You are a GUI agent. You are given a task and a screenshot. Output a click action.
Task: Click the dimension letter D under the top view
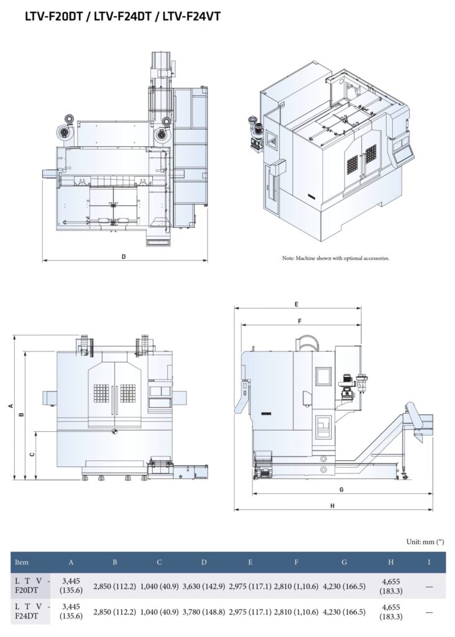click(124, 256)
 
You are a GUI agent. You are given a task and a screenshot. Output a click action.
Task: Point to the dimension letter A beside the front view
click(10, 406)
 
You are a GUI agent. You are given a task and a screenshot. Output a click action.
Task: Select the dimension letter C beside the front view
click(32, 455)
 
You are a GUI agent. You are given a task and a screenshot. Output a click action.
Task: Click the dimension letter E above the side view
click(297, 304)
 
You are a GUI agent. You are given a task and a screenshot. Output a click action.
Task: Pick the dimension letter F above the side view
click(300, 321)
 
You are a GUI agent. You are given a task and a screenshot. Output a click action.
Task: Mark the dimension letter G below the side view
click(341, 490)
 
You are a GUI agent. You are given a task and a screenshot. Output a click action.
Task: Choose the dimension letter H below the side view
click(333, 506)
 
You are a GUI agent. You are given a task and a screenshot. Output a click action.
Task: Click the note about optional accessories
click(336, 258)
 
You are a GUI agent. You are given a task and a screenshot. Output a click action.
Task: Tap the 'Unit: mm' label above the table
click(425, 542)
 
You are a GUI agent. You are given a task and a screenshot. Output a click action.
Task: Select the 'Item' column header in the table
click(21, 562)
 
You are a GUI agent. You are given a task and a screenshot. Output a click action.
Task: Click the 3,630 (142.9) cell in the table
click(204, 586)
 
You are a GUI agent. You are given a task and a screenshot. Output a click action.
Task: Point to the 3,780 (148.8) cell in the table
click(204, 612)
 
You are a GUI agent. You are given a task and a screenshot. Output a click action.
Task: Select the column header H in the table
click(390, 562)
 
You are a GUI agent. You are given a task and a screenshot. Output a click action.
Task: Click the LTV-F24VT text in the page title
click(191, 17)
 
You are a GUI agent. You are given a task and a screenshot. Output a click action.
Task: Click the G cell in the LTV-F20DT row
click(344, 586)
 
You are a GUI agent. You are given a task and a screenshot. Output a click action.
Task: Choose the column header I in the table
click(429, 562)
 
